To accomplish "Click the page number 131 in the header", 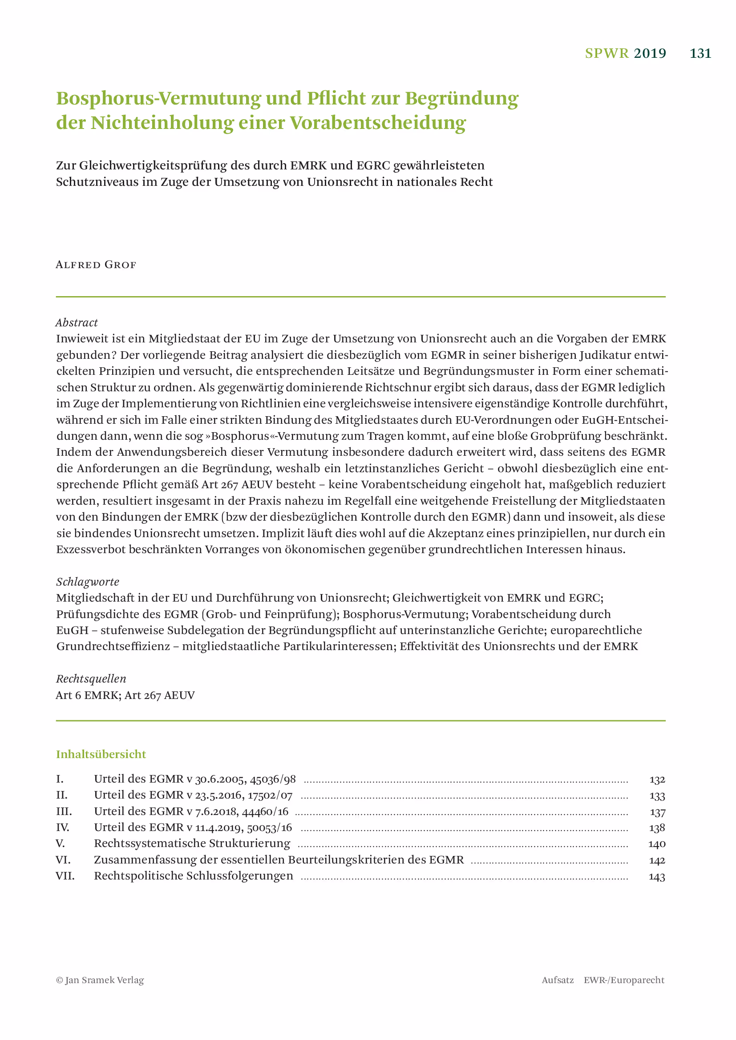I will (700, 53).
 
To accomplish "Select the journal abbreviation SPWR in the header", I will (607, 53).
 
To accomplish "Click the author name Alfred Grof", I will (96, 265).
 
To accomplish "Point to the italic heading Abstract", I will (77, 322).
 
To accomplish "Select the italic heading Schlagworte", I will (88, 582).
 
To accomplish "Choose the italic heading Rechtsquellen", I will (91, 679).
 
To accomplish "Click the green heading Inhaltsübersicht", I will (101, 754).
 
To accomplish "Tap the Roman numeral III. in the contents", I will (64, 811).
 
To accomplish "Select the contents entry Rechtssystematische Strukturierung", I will (192, 843).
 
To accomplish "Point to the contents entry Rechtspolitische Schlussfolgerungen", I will (194, 876).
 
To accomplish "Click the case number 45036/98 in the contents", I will (273, 779).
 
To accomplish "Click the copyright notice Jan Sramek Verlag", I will (100, 980).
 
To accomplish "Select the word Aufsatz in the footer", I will (558, 980).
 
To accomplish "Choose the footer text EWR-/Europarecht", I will (623, 980).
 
